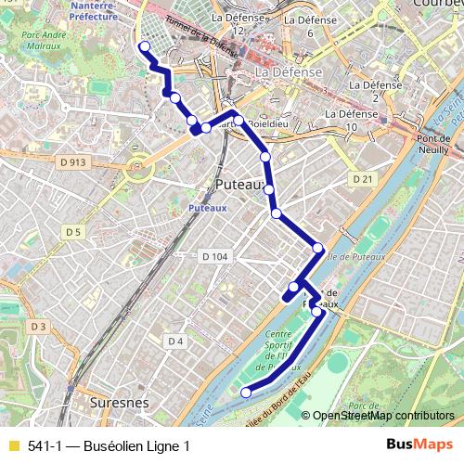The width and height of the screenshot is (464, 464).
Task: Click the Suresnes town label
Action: click(x=122, y=404)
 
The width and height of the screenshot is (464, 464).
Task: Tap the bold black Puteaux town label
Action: click(x=239, y=185)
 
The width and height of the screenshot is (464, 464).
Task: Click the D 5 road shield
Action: click(x=74, y=231)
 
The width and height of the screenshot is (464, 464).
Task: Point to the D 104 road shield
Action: click(x=213, y=255)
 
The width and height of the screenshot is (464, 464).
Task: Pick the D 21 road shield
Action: click(x=362, y=177)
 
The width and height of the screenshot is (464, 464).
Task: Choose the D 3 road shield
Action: click(x=37, y=327)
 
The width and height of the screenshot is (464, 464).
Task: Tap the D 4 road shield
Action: click(x=175, y=342)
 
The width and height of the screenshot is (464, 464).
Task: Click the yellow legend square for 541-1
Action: click(x=13, y=446)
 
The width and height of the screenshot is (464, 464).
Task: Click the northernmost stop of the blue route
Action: click(x=144, y=46)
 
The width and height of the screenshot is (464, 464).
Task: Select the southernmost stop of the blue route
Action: click(x=246, y=393)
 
